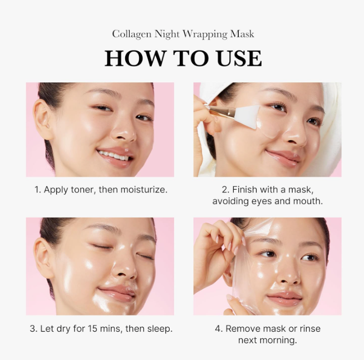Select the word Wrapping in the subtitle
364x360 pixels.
pos(207,34)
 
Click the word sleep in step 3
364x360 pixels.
pos(159,329)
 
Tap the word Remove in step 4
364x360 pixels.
pos(243,329)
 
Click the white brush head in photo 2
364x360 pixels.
pos(247,116)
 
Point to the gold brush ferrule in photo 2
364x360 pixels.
pos(218,109)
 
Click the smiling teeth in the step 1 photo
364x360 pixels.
pos(114,155)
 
